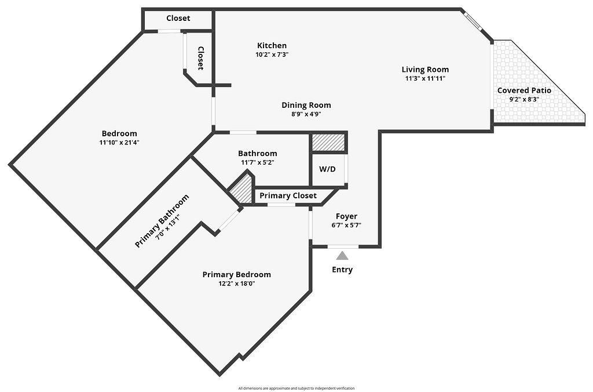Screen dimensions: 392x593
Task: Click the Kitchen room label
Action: [272, 45]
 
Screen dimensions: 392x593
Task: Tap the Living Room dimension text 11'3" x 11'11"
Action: [425, 78]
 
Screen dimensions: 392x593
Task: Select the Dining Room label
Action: [306, 105]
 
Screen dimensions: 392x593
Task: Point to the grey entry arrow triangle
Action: [343, 255]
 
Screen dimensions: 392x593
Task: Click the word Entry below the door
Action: [342, 270]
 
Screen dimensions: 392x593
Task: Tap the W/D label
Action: [327, 170]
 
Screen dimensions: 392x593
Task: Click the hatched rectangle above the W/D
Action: [328, 142]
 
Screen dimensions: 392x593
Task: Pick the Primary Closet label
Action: [288, 195]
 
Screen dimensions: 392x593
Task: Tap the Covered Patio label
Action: [524, 90]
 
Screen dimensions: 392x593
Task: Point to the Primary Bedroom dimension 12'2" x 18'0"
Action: [236, 284]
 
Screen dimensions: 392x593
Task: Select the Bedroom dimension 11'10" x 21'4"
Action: [119, 142]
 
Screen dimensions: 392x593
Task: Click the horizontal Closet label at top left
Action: [178, 18]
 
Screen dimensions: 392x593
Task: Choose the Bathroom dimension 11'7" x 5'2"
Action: [257, 162]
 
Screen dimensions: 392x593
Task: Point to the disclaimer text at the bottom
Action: [296, 388]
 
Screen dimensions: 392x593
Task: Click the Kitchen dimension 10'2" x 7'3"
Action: [272, 54]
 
